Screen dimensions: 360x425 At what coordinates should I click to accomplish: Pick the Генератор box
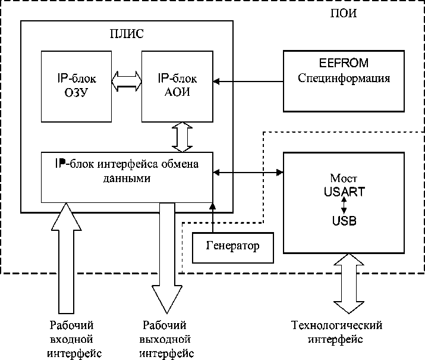233,246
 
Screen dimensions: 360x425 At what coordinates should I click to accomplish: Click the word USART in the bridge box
344,192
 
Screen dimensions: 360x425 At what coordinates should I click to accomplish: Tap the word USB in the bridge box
344,220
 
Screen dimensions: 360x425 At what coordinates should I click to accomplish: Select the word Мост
344,179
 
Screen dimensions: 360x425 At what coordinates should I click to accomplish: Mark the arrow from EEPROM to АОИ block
248,80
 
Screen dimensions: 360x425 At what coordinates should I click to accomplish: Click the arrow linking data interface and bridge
248,173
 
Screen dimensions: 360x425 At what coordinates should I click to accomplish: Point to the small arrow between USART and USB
344,206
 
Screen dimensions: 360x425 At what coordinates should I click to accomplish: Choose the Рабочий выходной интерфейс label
166,339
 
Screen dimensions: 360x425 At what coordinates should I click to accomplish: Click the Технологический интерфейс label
337,332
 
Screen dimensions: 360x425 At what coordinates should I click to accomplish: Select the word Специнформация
344,79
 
